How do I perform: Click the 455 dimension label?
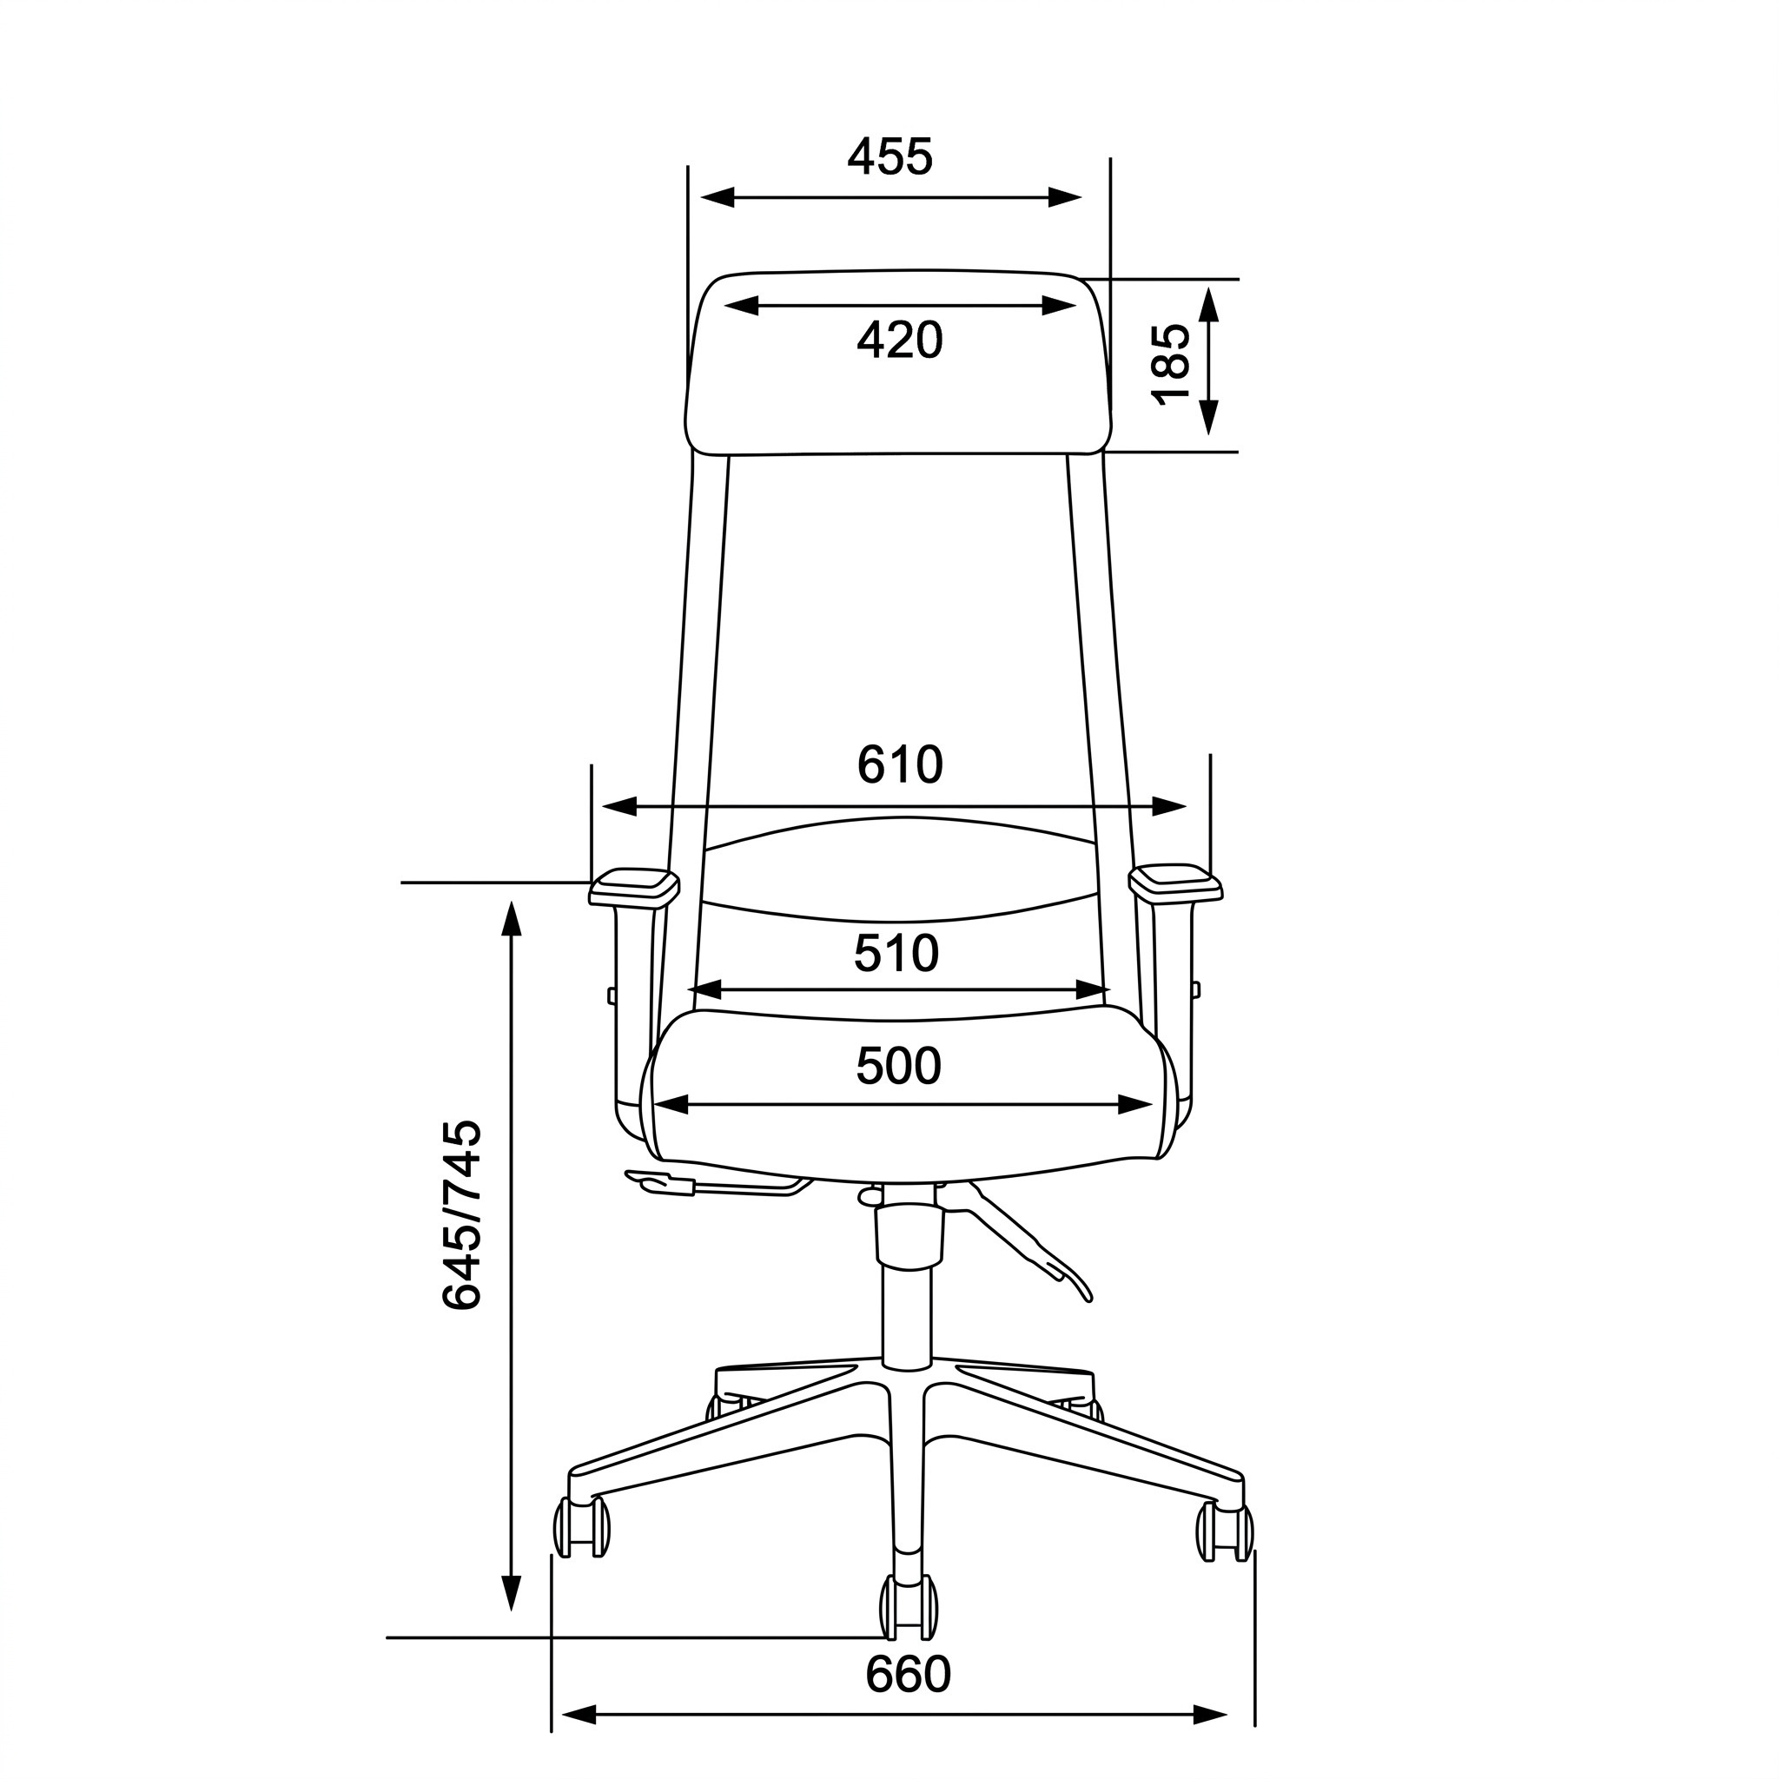click(889, 156)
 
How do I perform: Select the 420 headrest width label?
click(900, 340)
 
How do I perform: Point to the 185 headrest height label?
click(1172, 364)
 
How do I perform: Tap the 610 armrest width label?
click(900, 764)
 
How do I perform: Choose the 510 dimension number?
click(896, 953)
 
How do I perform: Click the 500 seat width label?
click(899, 1067)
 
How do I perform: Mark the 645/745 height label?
click(461, 1214)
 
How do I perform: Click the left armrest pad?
click(634, 887)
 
